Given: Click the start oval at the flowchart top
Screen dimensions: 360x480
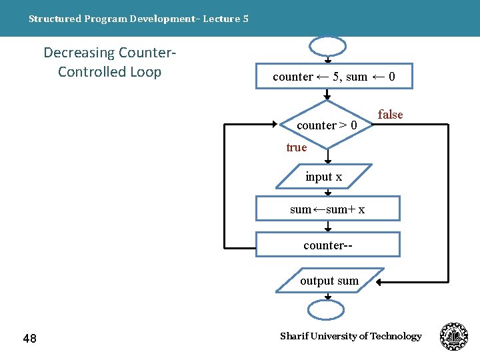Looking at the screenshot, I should [327, 45].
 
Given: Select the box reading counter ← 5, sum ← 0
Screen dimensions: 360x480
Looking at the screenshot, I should [334, 77].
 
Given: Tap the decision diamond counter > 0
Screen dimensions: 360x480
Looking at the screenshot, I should [327, 125].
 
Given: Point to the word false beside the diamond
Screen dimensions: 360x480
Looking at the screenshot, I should [390, 115].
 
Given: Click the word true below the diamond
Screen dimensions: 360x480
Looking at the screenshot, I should [296, 147].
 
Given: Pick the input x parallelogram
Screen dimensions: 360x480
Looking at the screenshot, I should [325, 177].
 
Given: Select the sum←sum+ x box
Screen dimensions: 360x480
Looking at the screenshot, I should [327, 209].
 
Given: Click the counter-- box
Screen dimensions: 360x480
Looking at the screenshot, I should [327, 245].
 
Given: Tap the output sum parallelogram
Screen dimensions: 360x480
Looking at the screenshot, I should [330, 281].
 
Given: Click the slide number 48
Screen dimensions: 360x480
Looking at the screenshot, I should [29, 339].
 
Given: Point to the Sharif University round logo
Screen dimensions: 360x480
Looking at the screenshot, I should [454, 337].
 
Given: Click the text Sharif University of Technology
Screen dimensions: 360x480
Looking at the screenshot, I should [351, 336].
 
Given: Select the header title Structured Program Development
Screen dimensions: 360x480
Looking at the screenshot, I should [138, 19].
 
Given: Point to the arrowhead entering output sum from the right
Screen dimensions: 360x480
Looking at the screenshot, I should [379, 282].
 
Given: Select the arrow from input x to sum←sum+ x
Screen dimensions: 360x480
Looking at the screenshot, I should [327, 191].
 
